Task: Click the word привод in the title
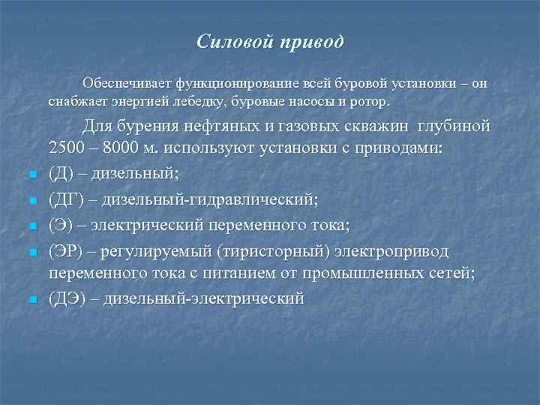[x=311, y=42]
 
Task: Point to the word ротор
[x=370, y=100]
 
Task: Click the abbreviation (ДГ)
[x=66, y=201]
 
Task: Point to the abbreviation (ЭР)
[x=66, y=250]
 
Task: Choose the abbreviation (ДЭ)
[x=67, y=298]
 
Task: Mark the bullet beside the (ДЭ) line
[x=33, y=300]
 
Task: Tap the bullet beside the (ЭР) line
[x=33, y=251]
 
